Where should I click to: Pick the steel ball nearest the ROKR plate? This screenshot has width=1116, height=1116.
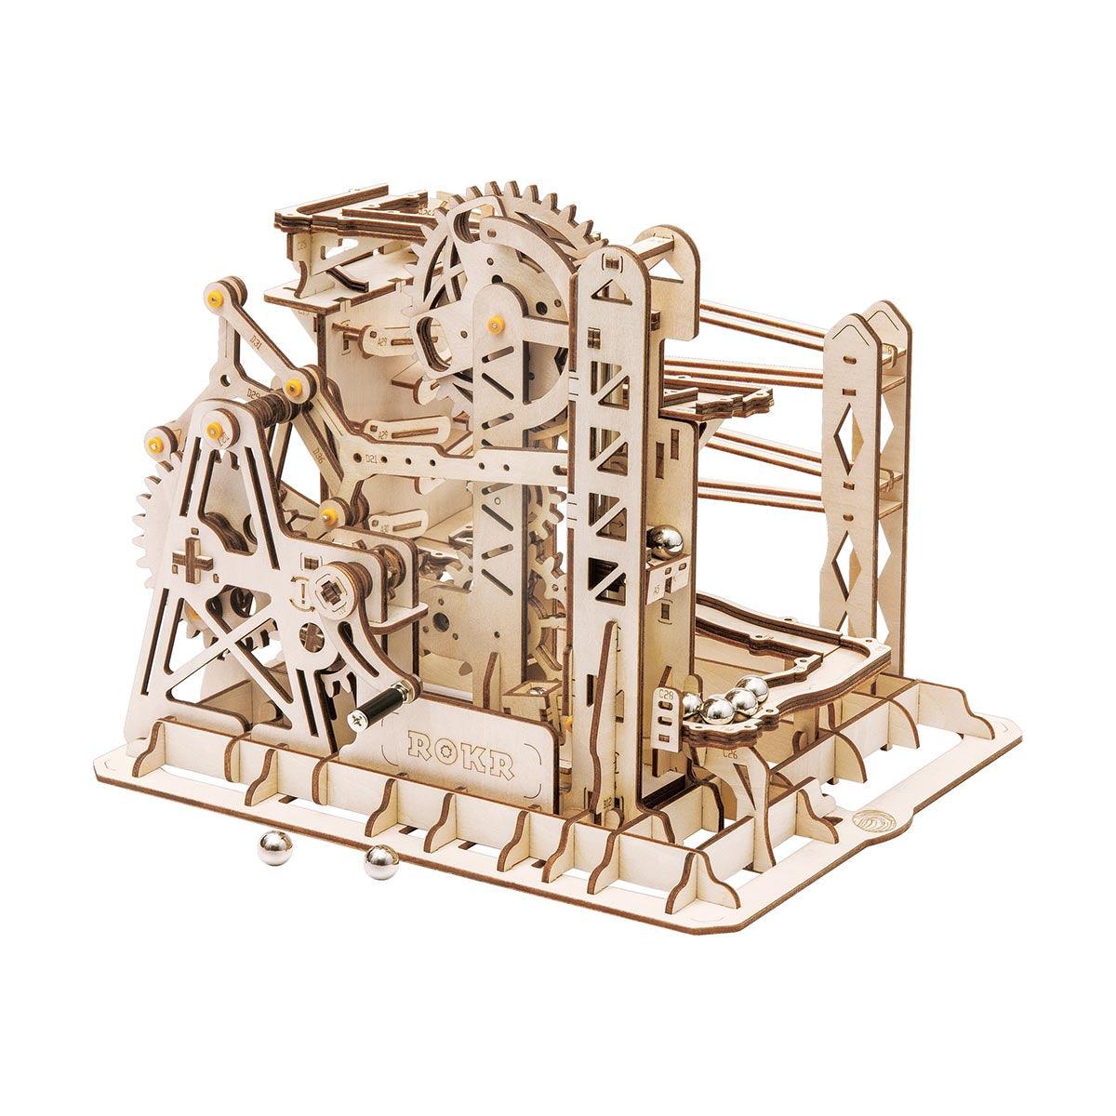point(379,862)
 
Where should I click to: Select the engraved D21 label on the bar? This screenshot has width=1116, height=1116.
point(371,458)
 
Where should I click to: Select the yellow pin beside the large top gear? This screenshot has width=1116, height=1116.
point(494,322)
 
